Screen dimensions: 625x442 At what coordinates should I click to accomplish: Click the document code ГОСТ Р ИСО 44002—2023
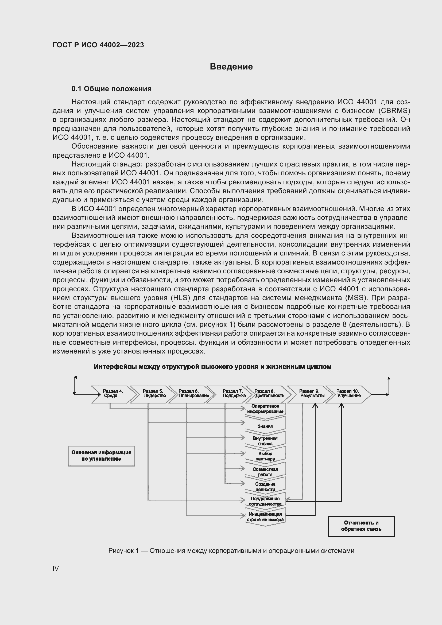(98, 45)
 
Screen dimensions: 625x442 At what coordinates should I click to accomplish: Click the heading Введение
(231, 67)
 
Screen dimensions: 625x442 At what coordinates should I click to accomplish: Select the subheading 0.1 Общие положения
(111, 89)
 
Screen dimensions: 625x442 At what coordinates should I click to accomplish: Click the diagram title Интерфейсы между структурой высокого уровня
(212, 367)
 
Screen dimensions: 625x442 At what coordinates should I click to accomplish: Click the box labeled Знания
(265, 426)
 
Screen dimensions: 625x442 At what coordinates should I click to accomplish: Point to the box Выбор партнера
(265, 456)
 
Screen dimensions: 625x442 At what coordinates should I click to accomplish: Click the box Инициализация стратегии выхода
(265, 517)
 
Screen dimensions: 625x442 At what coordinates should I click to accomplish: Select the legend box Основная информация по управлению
(101, 456)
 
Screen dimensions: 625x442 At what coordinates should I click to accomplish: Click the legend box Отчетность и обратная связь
(361, 526)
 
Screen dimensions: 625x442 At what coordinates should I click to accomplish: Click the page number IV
(56, 568)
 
